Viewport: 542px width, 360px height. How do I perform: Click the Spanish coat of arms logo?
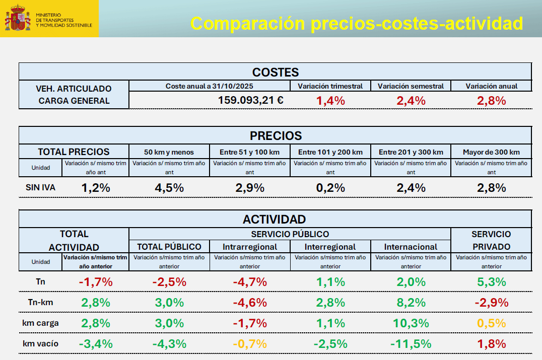(x=18, y=19)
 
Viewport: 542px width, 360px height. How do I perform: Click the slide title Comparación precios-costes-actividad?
(x=357, y=23)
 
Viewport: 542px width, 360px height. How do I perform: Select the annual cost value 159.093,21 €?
(x=250, y=100)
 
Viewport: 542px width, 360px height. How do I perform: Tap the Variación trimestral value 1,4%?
(x=330, y=100)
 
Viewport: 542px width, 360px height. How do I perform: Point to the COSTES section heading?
(x=275, y=72)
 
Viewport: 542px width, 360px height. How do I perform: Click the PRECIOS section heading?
(x=276, y=135)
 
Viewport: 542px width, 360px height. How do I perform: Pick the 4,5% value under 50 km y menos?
(x=169, y=188)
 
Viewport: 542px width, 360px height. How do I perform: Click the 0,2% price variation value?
(x=330, y=188)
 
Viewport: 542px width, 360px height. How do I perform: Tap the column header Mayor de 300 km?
(x=491, y=152)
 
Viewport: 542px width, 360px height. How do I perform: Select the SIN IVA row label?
(x=40, y=188)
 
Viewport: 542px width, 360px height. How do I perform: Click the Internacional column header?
(x=411, y=247)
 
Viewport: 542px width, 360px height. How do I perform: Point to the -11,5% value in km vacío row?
(x=411, y=344)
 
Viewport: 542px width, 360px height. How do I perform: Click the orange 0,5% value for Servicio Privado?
(x=491, y=323)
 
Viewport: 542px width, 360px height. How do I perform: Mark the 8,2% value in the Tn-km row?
(x=411, y=303)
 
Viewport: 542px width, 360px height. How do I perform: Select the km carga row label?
(x=40, y=323)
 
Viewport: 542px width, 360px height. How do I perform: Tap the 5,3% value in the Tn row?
(x=491, y=282)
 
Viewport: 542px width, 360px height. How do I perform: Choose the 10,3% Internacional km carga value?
(x=411, y=323)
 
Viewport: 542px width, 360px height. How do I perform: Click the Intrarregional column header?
(x=250, y=247)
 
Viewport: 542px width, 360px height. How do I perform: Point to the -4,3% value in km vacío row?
(x=169, y=344)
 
